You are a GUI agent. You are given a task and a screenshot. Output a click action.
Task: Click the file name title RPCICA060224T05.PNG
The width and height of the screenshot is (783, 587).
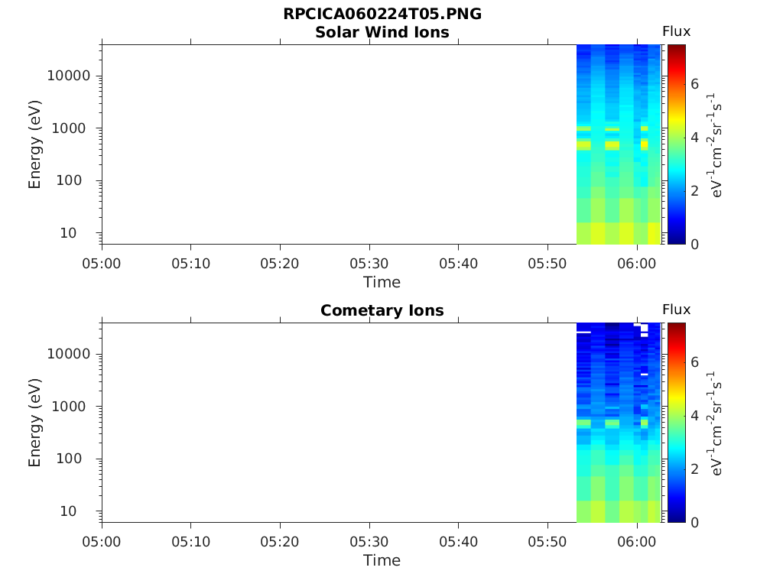pyautogui.click(x=382, y=15)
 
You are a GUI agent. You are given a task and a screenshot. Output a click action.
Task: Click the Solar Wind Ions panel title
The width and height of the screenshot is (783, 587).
pyautogui.click(x=382, y=32)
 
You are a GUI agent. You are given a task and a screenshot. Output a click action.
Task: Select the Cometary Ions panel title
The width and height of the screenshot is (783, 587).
pyautogui.click(x=382, y=310)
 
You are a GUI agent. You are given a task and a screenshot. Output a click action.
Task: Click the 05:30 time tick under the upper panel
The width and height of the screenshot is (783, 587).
pyautogui.click(x=369, y=263)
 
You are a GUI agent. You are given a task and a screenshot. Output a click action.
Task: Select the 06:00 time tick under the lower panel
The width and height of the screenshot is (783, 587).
pyautogui.click(x=637, y=541)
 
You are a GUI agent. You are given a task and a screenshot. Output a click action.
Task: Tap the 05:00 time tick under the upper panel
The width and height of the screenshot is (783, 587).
pyautogui.click(x=102, y=263)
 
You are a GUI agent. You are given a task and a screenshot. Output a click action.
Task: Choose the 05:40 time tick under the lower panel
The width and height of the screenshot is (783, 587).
pyautogui.click(x=458, y=541)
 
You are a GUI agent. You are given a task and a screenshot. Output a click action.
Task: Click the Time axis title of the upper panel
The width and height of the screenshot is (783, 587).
pyautogui.click(x=382, y=282)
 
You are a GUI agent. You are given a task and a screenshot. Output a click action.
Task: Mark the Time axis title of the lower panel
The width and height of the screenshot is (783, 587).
pyautogui.click(x=382, y=560)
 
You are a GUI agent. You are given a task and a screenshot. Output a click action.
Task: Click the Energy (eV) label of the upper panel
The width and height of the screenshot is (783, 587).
pyautogui.click(x=35, y=144)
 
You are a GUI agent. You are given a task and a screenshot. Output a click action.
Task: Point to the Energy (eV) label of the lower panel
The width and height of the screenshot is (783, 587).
pyautogui.click(x=35, y=423)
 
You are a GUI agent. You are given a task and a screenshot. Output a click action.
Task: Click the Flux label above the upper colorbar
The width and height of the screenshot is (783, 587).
pyautogui.click(x=676, y=31)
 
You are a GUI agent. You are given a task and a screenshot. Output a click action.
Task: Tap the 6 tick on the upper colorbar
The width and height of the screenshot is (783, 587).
pyautogui.click(x=695, y=84)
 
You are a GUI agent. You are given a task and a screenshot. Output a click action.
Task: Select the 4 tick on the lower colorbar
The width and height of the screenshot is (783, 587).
pyautogui.click(x=695, y=416)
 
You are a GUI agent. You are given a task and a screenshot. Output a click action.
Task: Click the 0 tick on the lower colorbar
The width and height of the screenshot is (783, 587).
pyautogui.click(x=695, y=522)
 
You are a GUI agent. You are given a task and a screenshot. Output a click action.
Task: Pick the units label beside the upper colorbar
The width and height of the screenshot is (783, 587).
pyautogui.click(x=716, y=144)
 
